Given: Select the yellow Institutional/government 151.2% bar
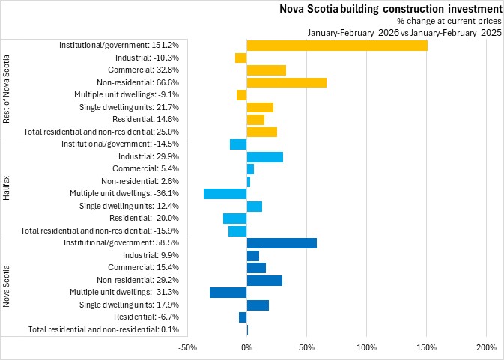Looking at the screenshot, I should click(337, 46).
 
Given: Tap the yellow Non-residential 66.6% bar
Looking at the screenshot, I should click(286, 82).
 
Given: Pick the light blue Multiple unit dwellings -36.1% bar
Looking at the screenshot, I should click(225, 194).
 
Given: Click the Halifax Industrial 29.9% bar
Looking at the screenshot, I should click(264, 156).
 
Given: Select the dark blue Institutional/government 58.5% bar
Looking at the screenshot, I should click(282, 242).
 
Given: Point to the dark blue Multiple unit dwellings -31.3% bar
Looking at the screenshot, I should click(228, 292).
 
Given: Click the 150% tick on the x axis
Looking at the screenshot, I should click(426, 347).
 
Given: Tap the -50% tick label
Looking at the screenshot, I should click(186, 347).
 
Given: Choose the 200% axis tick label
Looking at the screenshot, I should click(486, 347).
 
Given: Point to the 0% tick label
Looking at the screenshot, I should click(246, 347).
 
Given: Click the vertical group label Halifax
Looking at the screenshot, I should click(7, 187).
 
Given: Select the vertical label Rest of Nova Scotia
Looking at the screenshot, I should click(7, 89).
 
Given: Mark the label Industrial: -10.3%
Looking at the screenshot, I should click(147, 58).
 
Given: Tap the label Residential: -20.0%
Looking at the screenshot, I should click(143, 218).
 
